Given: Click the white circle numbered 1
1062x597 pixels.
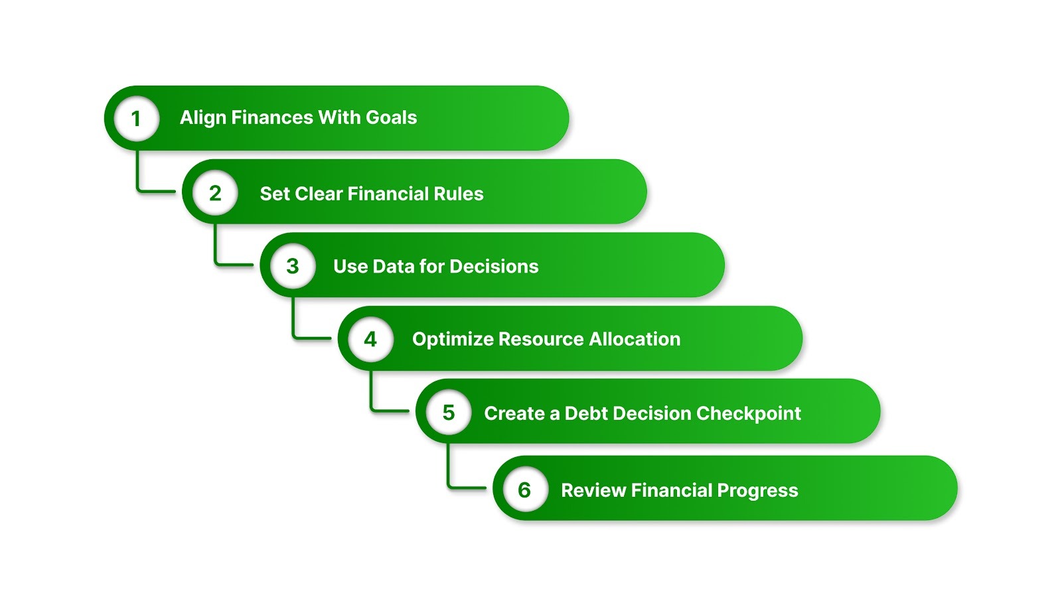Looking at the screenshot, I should tap(137, 119).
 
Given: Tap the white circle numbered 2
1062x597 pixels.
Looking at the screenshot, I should tap(215, 193).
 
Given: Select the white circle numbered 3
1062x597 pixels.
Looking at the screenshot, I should tap(293, 266).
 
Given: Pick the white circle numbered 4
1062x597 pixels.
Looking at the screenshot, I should tap(370, 340).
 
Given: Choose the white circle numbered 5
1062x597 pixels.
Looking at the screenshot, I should tap(449, 413).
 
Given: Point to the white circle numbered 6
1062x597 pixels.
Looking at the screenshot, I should tap(525, 490).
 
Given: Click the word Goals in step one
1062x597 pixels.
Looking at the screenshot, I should tap(391, 117).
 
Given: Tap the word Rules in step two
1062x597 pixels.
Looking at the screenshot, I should tap(458, 194).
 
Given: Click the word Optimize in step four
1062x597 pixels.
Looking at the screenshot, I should tap(453, 340).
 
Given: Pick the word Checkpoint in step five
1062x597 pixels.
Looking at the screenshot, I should tap(749, 413).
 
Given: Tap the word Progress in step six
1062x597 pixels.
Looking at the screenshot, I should tap(757, 491).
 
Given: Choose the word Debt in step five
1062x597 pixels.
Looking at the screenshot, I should tap(586, 413).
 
